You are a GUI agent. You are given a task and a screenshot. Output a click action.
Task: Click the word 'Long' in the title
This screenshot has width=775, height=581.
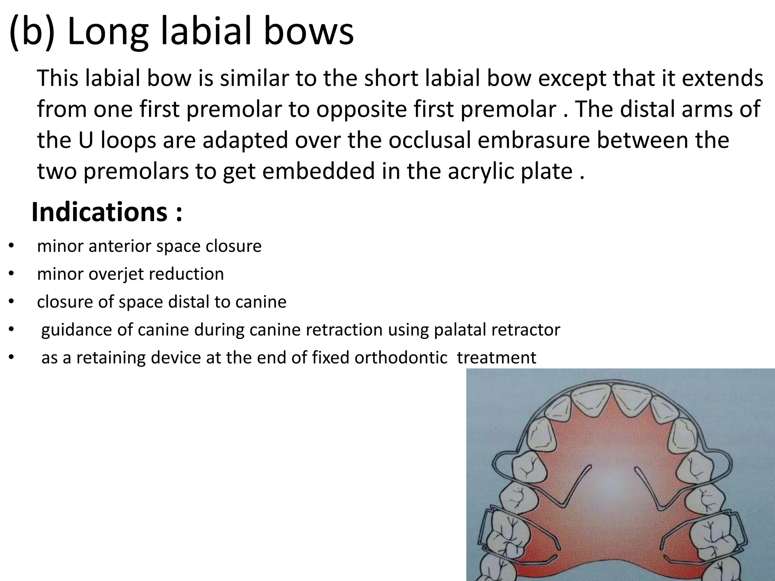pos(107,31)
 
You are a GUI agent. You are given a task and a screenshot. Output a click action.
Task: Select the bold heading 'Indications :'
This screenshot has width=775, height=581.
pos(107,212)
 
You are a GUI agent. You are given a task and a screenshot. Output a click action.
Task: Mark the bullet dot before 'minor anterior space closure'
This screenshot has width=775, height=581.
pos(11,246)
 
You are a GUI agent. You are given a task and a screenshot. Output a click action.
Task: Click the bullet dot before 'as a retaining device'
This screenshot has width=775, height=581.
pos(11,357)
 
